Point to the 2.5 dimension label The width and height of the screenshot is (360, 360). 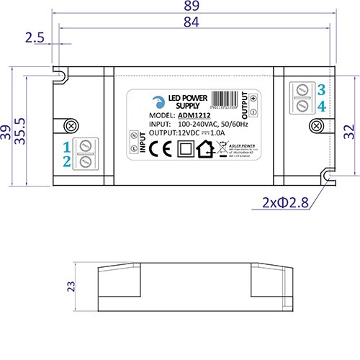(35, 38)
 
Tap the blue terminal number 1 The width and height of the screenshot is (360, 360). (66, 148)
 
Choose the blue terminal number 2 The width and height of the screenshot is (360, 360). (66, 162)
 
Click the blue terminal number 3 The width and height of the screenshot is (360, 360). (321, 89)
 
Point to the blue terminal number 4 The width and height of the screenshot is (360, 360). (321, 106)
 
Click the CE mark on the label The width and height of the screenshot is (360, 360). (163, 149)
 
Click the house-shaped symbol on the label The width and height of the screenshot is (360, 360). (205, 149)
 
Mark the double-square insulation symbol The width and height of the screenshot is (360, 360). (184, 149)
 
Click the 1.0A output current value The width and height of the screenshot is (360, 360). (217, 132)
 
